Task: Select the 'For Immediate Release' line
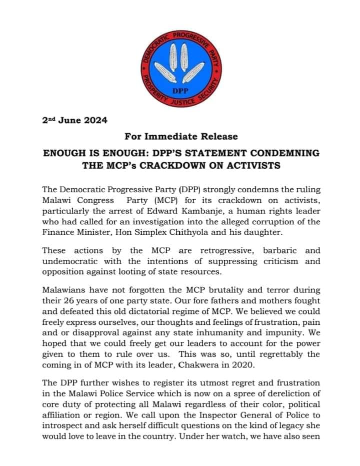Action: click(x=181, y=136)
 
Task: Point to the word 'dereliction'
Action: click(x=283, y=393)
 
